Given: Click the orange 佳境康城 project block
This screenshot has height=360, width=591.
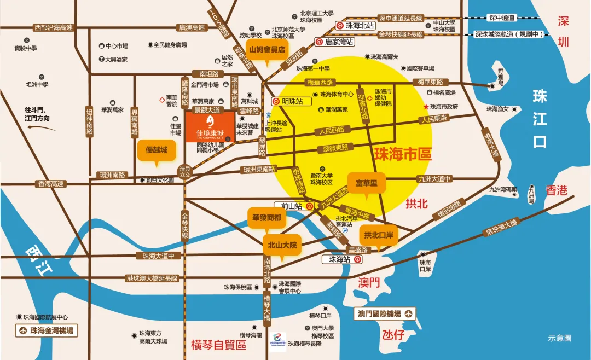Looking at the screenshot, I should [x=210, y=127].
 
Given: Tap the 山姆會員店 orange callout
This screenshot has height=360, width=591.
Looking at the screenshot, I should [x=267, y=49].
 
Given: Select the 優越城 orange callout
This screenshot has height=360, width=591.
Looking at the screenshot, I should [x=156, y=150].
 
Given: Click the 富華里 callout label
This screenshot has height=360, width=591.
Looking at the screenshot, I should [x=367, y=182].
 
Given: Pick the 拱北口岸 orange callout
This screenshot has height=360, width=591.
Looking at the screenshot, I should [x=378, y=235].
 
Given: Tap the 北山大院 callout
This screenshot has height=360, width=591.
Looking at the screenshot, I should [x=282, y=245].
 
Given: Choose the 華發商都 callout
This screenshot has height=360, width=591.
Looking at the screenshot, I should [x=267, y=218].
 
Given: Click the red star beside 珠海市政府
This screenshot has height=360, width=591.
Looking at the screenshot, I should [x=426, y=107].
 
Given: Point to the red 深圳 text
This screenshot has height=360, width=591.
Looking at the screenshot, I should [x=564, y=32].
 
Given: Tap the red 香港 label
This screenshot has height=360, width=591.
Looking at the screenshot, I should [x=556, y=190].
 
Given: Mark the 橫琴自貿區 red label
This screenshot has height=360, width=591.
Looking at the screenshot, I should [x=218, y=345].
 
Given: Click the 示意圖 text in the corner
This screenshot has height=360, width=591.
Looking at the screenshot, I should [x=560, y=339].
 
